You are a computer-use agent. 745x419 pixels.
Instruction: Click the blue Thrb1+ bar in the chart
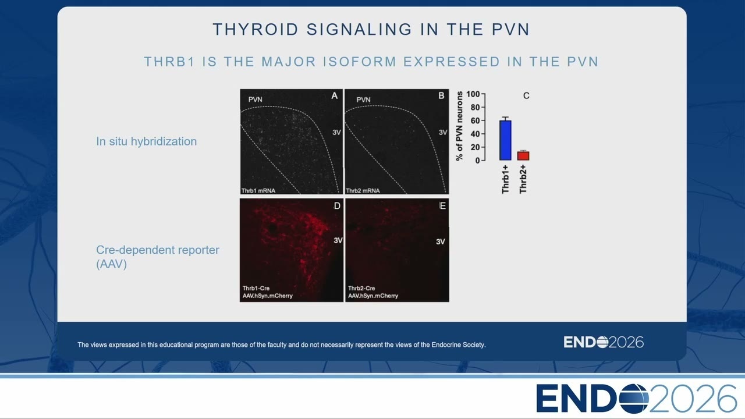coord(505,140)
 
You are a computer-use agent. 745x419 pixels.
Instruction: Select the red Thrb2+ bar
coord(523,156)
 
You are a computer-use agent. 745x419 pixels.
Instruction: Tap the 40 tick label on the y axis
coord(475,134)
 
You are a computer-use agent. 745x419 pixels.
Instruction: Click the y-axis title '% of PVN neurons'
coord(459,126)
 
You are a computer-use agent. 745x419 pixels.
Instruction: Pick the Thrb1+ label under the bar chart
coord(505,179)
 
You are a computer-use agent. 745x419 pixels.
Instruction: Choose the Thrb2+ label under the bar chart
coord(523,179)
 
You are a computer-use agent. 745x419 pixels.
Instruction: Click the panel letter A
coord(334,96)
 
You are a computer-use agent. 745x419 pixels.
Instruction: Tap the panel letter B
coord(441,96)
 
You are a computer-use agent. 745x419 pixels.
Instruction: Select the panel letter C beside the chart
coord(526,96)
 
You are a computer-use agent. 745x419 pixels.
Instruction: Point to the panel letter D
coord(337,206)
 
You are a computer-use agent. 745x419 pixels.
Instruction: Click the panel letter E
coord(443,206)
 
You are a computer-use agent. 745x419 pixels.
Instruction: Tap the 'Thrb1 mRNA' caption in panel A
coord(258,191)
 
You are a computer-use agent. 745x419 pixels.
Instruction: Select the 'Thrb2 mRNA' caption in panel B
coord(363,191)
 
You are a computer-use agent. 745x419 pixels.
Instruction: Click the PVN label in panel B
coord(363,100)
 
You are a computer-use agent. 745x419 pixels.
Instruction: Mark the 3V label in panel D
coord(338,240)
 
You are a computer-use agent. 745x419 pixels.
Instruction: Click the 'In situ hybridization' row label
coord(146,141)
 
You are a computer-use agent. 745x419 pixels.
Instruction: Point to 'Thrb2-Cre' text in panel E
coord(361,288)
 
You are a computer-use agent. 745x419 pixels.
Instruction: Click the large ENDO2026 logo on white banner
coord(636,399)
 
